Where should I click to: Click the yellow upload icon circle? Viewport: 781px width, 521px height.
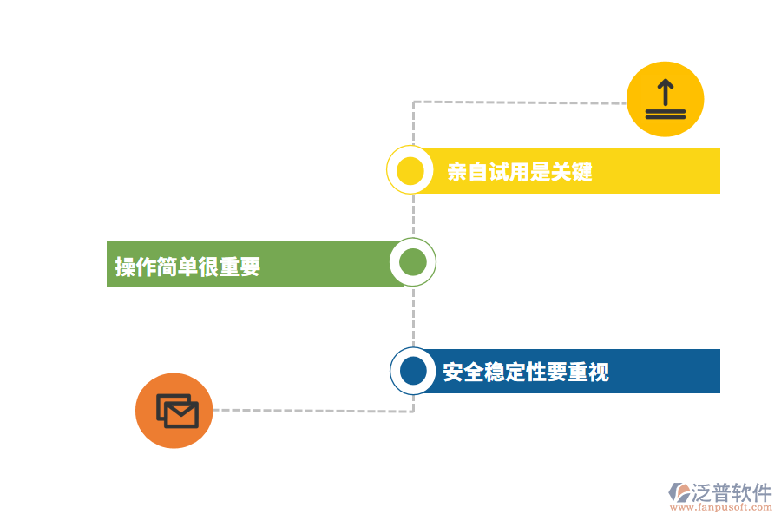[x=665, y=99]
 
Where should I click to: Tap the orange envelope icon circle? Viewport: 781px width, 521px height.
[x=174, y=411]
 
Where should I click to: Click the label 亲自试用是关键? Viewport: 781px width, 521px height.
[x=520, y=171]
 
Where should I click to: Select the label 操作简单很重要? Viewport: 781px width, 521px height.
[x=188, y=267]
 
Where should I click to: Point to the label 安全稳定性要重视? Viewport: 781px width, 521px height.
[x=526, y=372]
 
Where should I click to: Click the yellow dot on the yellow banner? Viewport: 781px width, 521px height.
[x=410, y=170]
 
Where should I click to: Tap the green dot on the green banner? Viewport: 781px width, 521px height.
[x=412, y=262]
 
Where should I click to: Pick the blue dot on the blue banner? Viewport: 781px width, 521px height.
[x=413, y=371]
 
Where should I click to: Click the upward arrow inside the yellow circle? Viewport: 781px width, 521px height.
[x=665, y=91]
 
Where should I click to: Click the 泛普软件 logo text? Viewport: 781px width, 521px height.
[x=732, y=492]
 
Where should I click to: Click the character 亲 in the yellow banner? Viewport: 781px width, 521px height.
[x=457, y=171]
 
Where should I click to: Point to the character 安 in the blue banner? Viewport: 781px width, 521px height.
[x=453, y=372]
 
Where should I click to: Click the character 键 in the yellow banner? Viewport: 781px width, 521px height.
[x=582, y=171]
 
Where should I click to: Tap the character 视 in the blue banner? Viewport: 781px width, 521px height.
[x=599, y=372]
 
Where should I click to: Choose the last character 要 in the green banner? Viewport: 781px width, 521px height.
[x=251, y=267]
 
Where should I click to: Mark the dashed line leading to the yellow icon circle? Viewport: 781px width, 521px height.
[x=521, y=102]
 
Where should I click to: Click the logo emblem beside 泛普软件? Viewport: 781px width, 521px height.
[x=679, y=492]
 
